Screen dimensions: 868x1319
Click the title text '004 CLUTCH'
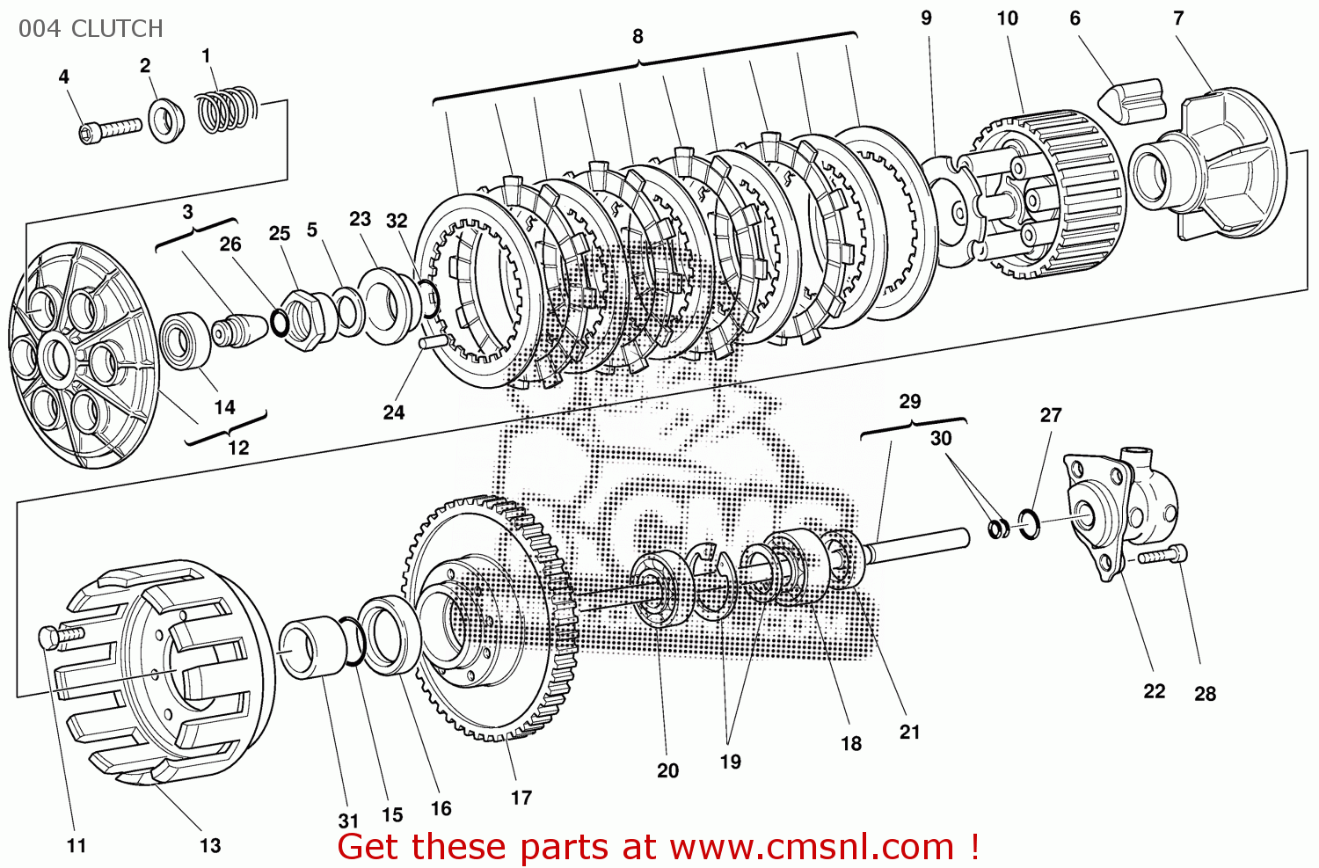91,29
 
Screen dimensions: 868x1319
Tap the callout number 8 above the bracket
638,37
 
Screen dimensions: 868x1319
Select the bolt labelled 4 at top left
110,130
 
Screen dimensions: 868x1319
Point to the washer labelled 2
166,120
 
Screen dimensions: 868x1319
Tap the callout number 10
1007,18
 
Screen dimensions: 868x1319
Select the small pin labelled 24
434,342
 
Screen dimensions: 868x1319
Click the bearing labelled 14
185,340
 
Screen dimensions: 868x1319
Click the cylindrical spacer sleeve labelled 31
312,648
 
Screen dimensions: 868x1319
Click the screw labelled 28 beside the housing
1162,556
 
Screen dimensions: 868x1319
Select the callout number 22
1154,691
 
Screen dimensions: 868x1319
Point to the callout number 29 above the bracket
910,402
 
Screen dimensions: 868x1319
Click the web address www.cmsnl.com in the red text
811,847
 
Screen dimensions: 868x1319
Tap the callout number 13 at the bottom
210,846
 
